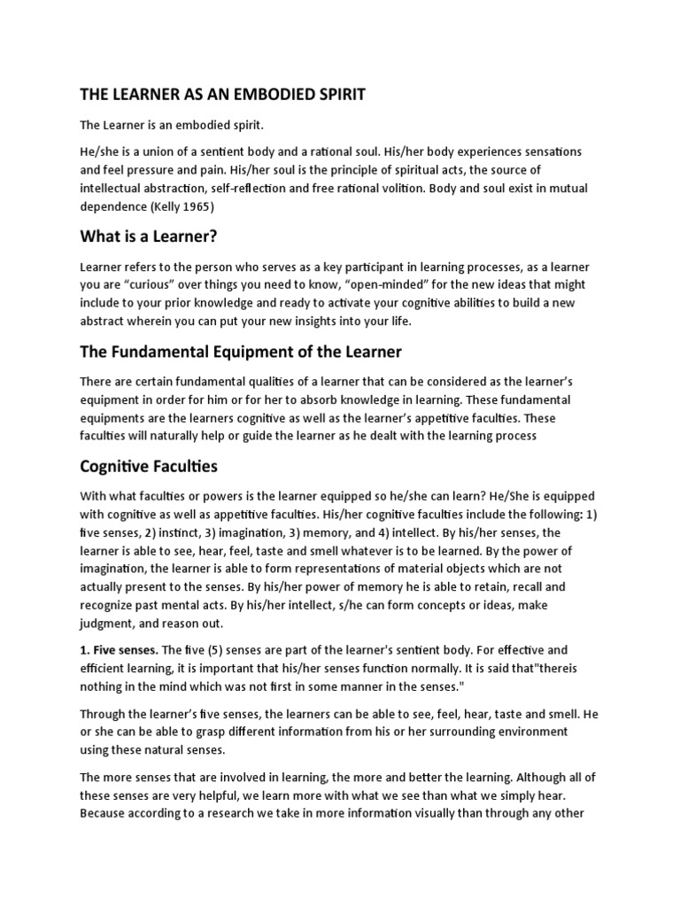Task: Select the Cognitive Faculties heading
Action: click(x=149, y=465)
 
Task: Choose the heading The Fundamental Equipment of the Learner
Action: click(x=241, y=352)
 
